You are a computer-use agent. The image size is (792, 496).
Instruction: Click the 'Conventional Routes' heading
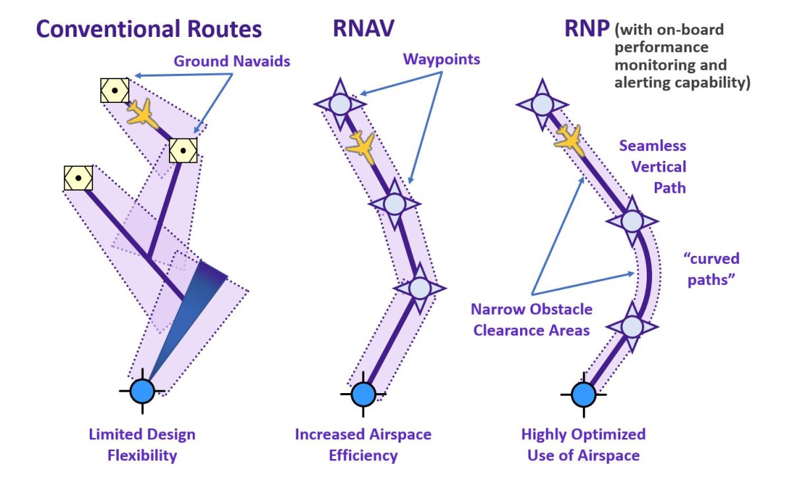pyautogui.click(x=148, y=29)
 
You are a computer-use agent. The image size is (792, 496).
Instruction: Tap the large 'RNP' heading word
pyautogui.click(x=586, y=29)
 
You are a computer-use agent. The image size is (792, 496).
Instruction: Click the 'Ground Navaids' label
pyautogui.click(x=232, y=61)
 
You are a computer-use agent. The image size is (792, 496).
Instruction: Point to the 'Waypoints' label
pyautogui.click(x=442, y=59)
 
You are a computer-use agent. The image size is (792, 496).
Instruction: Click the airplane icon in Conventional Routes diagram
pyautogui.click(x=141, y=113)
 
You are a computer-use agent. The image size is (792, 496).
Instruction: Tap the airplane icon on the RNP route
pyautogui.click(x=569, y=139)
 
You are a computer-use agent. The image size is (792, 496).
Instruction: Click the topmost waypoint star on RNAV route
pyautogui.click(x=339, y=104)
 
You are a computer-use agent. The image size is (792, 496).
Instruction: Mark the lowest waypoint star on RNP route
pyautogui.click(x=632, y=326)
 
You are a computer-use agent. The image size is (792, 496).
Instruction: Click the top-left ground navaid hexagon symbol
pyautogui.click(x=114, y=90)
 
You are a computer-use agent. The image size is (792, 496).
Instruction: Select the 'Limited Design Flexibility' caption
pyautogui.click(x=142, y=445)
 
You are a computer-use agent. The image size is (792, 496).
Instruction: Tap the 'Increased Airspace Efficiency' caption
pyautogui.click(x=363, y=445)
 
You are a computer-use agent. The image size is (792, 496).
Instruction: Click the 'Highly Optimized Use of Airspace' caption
pyautogui.click(x=583, y=445)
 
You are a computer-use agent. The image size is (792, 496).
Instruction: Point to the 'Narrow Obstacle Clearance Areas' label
pyautogui.click(x=531, y=319)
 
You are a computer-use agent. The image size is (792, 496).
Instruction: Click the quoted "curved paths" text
pyautogui.click(x=710, y=268)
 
